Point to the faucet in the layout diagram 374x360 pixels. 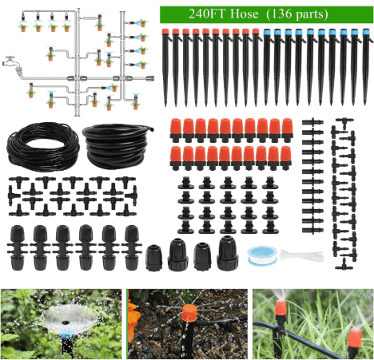click(x=10, y=61)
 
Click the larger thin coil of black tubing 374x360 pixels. click(x=39, y=144)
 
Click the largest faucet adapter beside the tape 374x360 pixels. click(x=227, y=253)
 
